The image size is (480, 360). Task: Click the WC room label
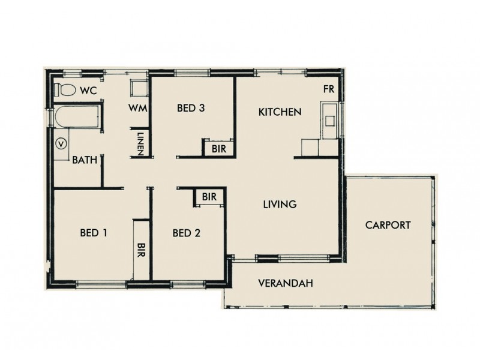click(87, 91)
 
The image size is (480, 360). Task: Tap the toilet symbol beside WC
click(64, 91)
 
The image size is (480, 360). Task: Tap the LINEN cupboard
click(139, 143)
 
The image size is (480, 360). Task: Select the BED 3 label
click(191, 109)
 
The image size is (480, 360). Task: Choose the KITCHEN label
click(279, 112)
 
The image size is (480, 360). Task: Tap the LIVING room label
click(280, 205)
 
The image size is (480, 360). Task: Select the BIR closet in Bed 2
click(209, 197)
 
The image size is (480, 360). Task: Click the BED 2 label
click(186, 232)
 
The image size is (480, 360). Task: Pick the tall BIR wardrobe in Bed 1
click(141, 249)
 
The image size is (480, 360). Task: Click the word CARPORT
click(388, 226)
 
